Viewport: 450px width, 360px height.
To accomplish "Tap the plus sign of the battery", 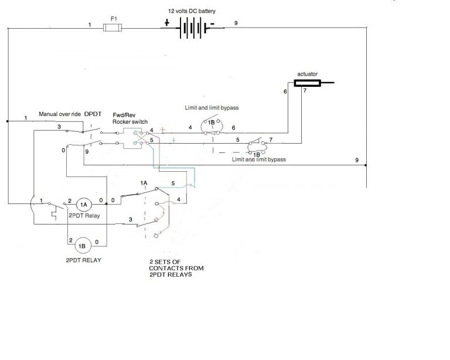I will (166, 24).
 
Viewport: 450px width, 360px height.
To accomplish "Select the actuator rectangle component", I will (308, 83).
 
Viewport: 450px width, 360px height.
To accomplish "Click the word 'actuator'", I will (307, 74).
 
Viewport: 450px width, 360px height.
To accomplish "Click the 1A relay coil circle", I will (83, 205).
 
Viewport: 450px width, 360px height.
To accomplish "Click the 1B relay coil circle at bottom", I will (82, 245).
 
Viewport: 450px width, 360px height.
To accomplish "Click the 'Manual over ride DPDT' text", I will (69, 113).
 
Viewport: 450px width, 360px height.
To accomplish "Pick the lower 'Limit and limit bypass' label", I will (258, 159).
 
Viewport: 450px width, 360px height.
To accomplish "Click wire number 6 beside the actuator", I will (285, 92).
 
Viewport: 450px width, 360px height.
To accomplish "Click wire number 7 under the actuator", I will (304, 92).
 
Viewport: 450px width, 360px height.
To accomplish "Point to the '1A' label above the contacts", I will (144, 184).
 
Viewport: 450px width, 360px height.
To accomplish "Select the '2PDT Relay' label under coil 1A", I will (84, 216).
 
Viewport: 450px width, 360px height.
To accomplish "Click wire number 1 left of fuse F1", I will (90, 25).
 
